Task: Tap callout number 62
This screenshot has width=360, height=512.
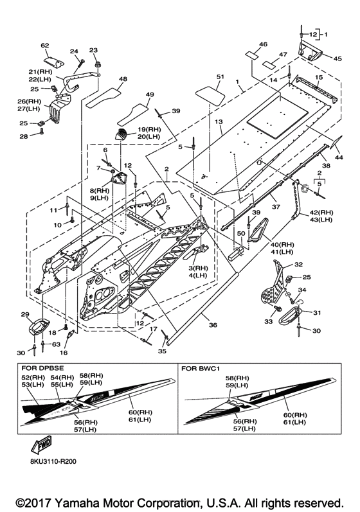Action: tap(45, 46)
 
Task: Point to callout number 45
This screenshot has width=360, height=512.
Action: tap(337, 58)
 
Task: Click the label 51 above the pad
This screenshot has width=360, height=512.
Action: tap(221, 76)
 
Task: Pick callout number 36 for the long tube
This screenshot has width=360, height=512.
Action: tap(213, 325)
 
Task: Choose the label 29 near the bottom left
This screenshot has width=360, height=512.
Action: tap(25, 314)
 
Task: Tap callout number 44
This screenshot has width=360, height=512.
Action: tap(339, 157)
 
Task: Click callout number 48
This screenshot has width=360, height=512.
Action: tap(123, 79)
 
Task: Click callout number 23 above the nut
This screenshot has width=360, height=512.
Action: tap(93, 50)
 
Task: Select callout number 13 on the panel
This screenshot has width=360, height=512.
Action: tap(219, 122)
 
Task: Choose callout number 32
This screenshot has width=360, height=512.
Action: tap(298, 264)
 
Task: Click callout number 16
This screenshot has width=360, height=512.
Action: tap(64, 352)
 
